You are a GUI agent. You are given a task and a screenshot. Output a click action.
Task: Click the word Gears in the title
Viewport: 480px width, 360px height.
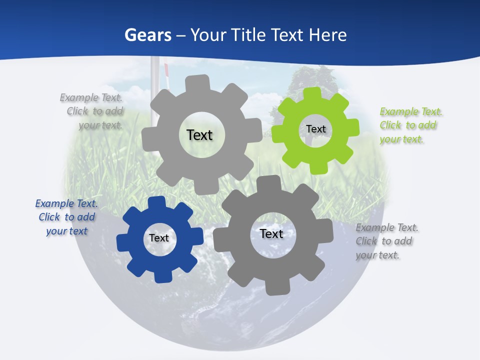click(147, 35)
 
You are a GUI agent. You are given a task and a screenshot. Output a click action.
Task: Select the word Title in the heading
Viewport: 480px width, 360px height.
click(248, 35)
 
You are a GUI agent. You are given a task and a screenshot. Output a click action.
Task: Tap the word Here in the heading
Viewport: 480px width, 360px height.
click(327, 35)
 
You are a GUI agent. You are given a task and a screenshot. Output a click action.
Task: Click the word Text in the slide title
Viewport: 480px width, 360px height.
click(288, 35)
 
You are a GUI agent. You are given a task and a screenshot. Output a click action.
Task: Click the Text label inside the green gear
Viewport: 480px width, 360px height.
click(316, 129)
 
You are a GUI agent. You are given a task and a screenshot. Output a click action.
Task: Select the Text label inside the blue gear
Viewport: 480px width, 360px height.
click(159, 238)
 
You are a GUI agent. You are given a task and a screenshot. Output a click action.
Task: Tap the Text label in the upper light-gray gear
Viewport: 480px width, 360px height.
click(199, 135)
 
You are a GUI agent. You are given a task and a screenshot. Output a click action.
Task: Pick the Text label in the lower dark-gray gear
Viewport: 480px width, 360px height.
click(271, 233)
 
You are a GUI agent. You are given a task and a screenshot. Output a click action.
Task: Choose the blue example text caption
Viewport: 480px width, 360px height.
click(66, 217)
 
